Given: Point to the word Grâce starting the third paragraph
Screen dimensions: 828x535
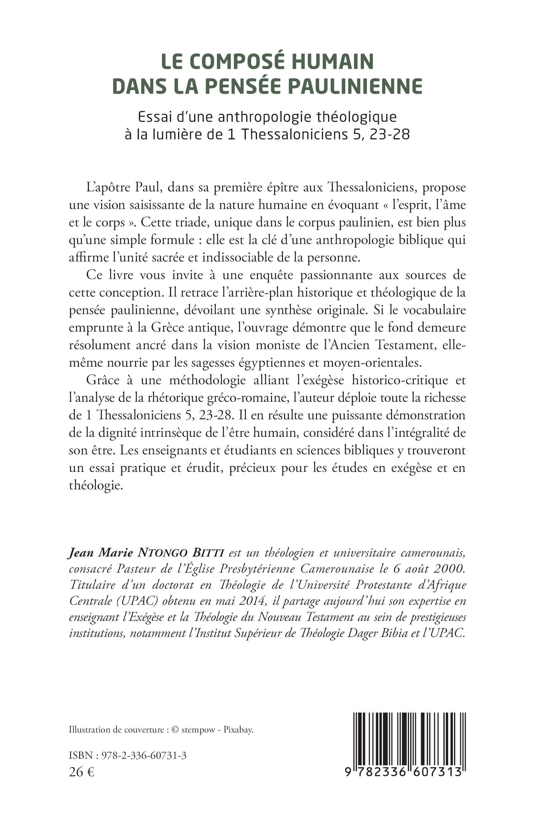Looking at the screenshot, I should [x=102, y=380].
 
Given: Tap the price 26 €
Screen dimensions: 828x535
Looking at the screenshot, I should [x=82, y=772].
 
